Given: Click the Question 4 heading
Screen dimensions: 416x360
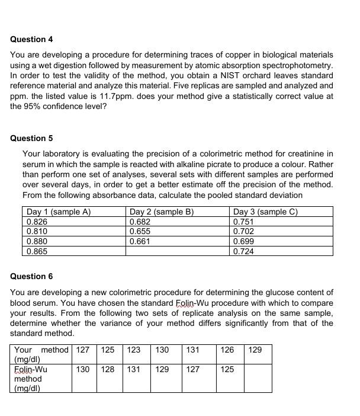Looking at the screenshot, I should click(31, 39).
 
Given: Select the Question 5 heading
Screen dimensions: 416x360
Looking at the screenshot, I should click(31, 138).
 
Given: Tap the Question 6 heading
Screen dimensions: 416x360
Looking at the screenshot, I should click(31, 276).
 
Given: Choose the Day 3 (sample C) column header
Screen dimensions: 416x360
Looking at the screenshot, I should click(266, 212).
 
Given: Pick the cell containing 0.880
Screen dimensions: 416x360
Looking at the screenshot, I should click(37, 242).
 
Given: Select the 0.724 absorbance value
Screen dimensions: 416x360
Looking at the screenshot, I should click(244, 251).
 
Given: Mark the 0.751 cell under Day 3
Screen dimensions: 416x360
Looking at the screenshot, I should click(244, 222).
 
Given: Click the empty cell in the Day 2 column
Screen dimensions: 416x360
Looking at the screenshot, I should click(177, 251).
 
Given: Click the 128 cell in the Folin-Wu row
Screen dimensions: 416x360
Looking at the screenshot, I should click(108, 369).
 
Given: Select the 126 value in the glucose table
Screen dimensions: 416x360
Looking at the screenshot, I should click(227, 350).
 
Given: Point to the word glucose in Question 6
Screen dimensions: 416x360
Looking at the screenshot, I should click(261, 292).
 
